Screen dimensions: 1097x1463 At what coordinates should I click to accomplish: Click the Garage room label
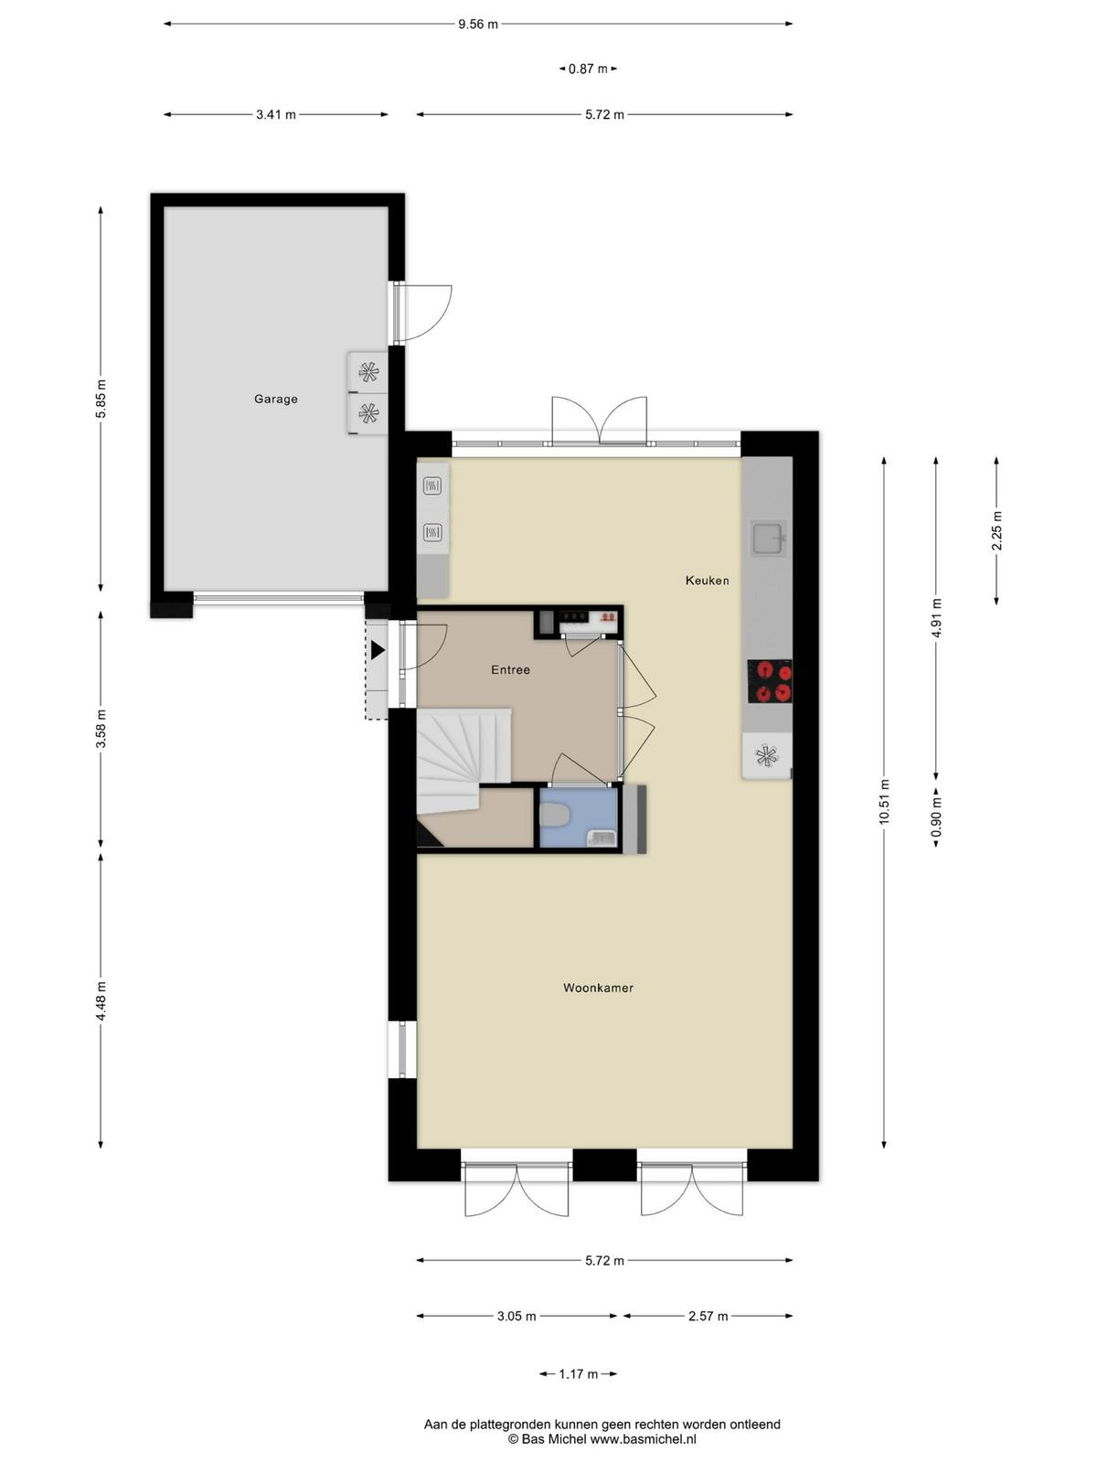tap(276, 400)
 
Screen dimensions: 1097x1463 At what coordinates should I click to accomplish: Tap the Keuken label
tap(708, 581)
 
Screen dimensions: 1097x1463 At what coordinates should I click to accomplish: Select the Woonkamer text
tap(598, 988)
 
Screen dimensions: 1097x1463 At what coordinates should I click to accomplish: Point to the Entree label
tap(511, 670)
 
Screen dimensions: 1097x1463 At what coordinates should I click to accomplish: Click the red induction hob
tap(770, 681)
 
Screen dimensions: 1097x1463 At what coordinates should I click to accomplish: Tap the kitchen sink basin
tap(768, 539)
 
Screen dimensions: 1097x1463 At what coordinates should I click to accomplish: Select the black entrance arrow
tap(378, 650)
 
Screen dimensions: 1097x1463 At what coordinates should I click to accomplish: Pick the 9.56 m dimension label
tap(477, 25)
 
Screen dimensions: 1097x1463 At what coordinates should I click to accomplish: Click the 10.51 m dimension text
tap(884, 802)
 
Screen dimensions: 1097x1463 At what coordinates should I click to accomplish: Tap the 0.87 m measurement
tap(588, 69)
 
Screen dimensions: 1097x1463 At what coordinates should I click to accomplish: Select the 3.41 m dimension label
tap(276, 114)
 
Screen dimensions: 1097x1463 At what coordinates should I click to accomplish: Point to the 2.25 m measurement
tap(997, 530)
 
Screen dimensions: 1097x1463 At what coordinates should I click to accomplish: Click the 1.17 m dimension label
tap(578, 1373)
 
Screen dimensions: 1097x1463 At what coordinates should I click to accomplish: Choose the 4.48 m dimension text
tap(101, 1001)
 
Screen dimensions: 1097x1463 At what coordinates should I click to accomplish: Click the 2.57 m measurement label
tap(708, 1317)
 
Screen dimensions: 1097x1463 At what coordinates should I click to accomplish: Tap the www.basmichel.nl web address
tap(644, 1439)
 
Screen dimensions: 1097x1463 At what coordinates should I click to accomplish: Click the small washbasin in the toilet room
tap(600, 838)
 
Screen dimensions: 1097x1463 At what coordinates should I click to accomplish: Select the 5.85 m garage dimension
tap(101, 399)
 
